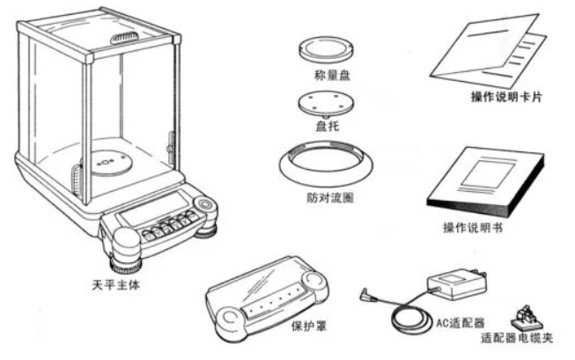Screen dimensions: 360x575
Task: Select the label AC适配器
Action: [460, 323]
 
